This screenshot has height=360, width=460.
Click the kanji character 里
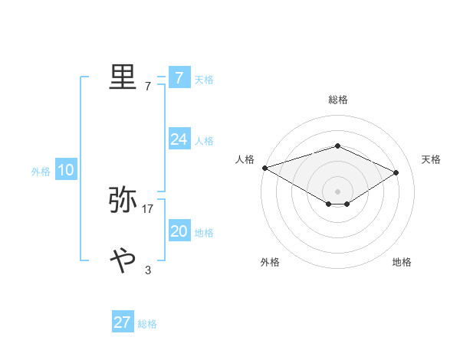pos(123,77)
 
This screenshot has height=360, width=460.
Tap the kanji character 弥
pos(123,200)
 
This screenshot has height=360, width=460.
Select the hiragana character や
pos(123,260)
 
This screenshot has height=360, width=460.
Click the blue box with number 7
pos(179,77)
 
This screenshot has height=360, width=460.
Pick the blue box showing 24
pos(179,139)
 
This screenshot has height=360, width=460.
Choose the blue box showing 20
pos(179,231)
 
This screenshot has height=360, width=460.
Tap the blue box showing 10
pos(66,171)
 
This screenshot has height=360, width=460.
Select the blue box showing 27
pos(123,322)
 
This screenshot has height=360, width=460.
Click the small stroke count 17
pos(148,208)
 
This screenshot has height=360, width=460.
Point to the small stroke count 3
pos(148,270)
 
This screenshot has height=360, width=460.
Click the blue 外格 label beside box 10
pos(41,172)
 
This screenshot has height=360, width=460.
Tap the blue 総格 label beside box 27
pos(147,324)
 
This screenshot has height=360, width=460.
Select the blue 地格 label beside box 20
pos(204,233)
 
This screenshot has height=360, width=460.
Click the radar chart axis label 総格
pos(337,100)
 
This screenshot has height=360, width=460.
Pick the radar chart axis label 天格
pos(431,159)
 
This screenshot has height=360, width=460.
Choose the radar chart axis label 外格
pos(270,262)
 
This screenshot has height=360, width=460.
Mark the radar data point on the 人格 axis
pos(264,167)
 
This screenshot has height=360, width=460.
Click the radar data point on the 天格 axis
pos(396,172)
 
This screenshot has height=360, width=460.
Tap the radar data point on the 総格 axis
pos(337,146)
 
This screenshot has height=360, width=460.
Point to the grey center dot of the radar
pos(337,190)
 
